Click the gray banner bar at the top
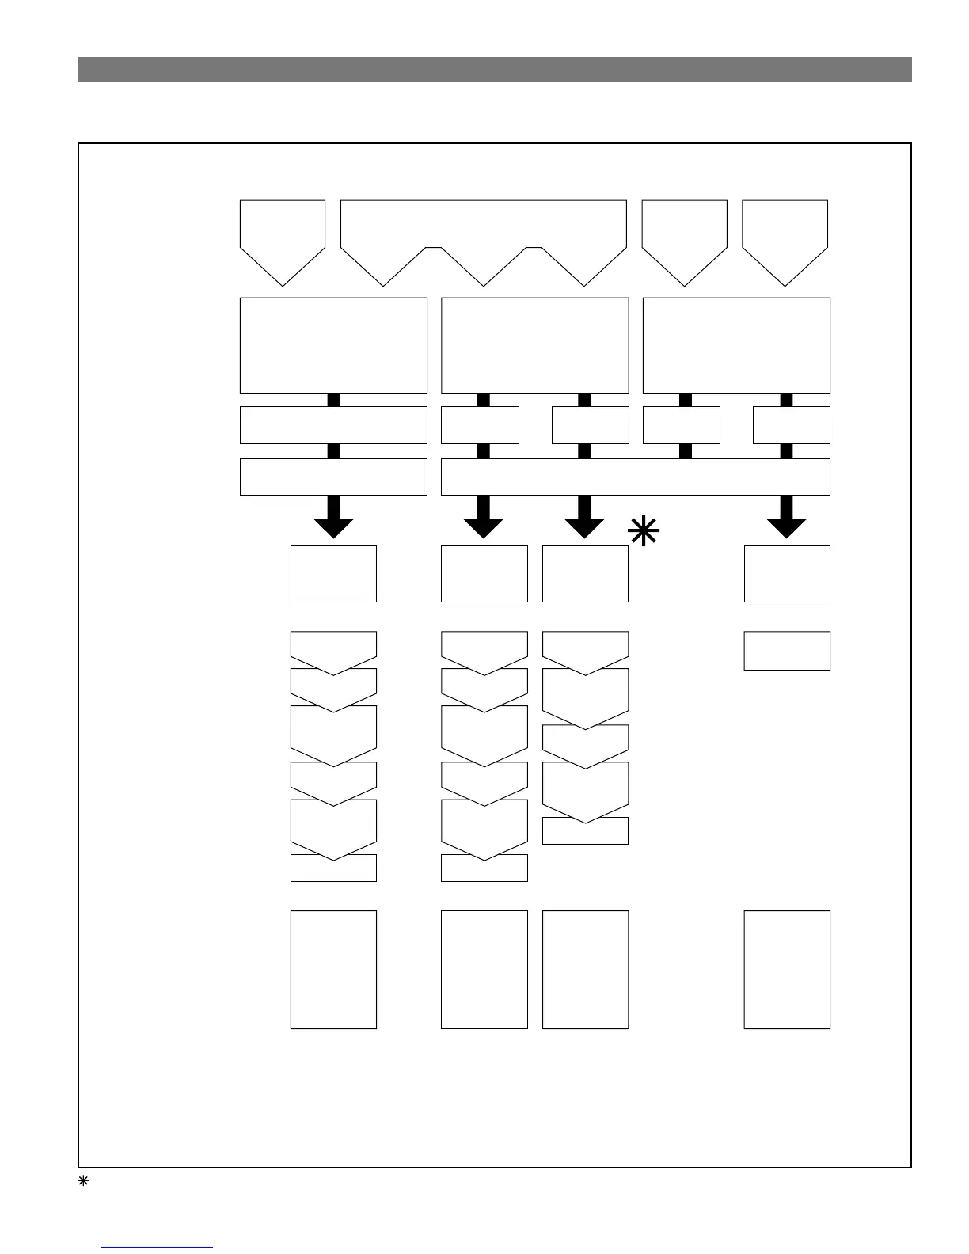(494, 70)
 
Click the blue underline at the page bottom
(158, 1248)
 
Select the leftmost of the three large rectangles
(333, 345)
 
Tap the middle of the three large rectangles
(534, 345)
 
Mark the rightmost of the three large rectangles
(736, 345)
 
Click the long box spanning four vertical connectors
(635, 477)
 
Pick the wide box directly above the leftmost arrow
(333, 477)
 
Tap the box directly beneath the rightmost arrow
(787, 573)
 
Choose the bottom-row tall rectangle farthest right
(787, 969)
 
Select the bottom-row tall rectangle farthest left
(333, 969)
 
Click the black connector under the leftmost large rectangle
(333, 400)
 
